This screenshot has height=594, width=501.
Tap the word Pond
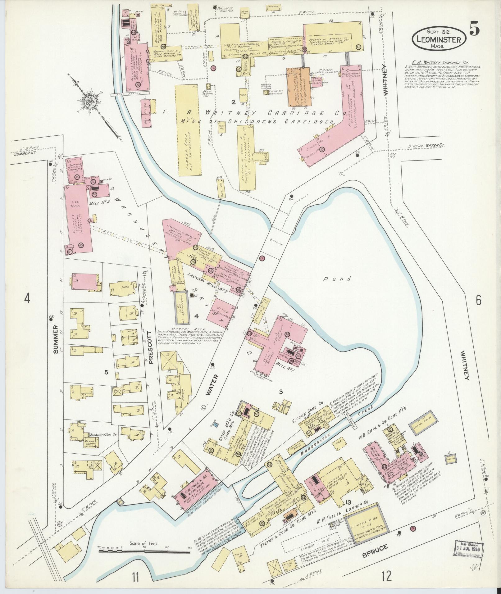[337, 279]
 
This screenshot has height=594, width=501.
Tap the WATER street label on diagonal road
[213, 385]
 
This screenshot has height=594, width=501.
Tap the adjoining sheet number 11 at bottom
[135, 578]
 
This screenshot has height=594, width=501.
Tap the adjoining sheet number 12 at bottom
[387, 577]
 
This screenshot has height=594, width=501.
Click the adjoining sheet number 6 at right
[478, 300]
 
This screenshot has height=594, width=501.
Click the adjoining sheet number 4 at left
[28, 299]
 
